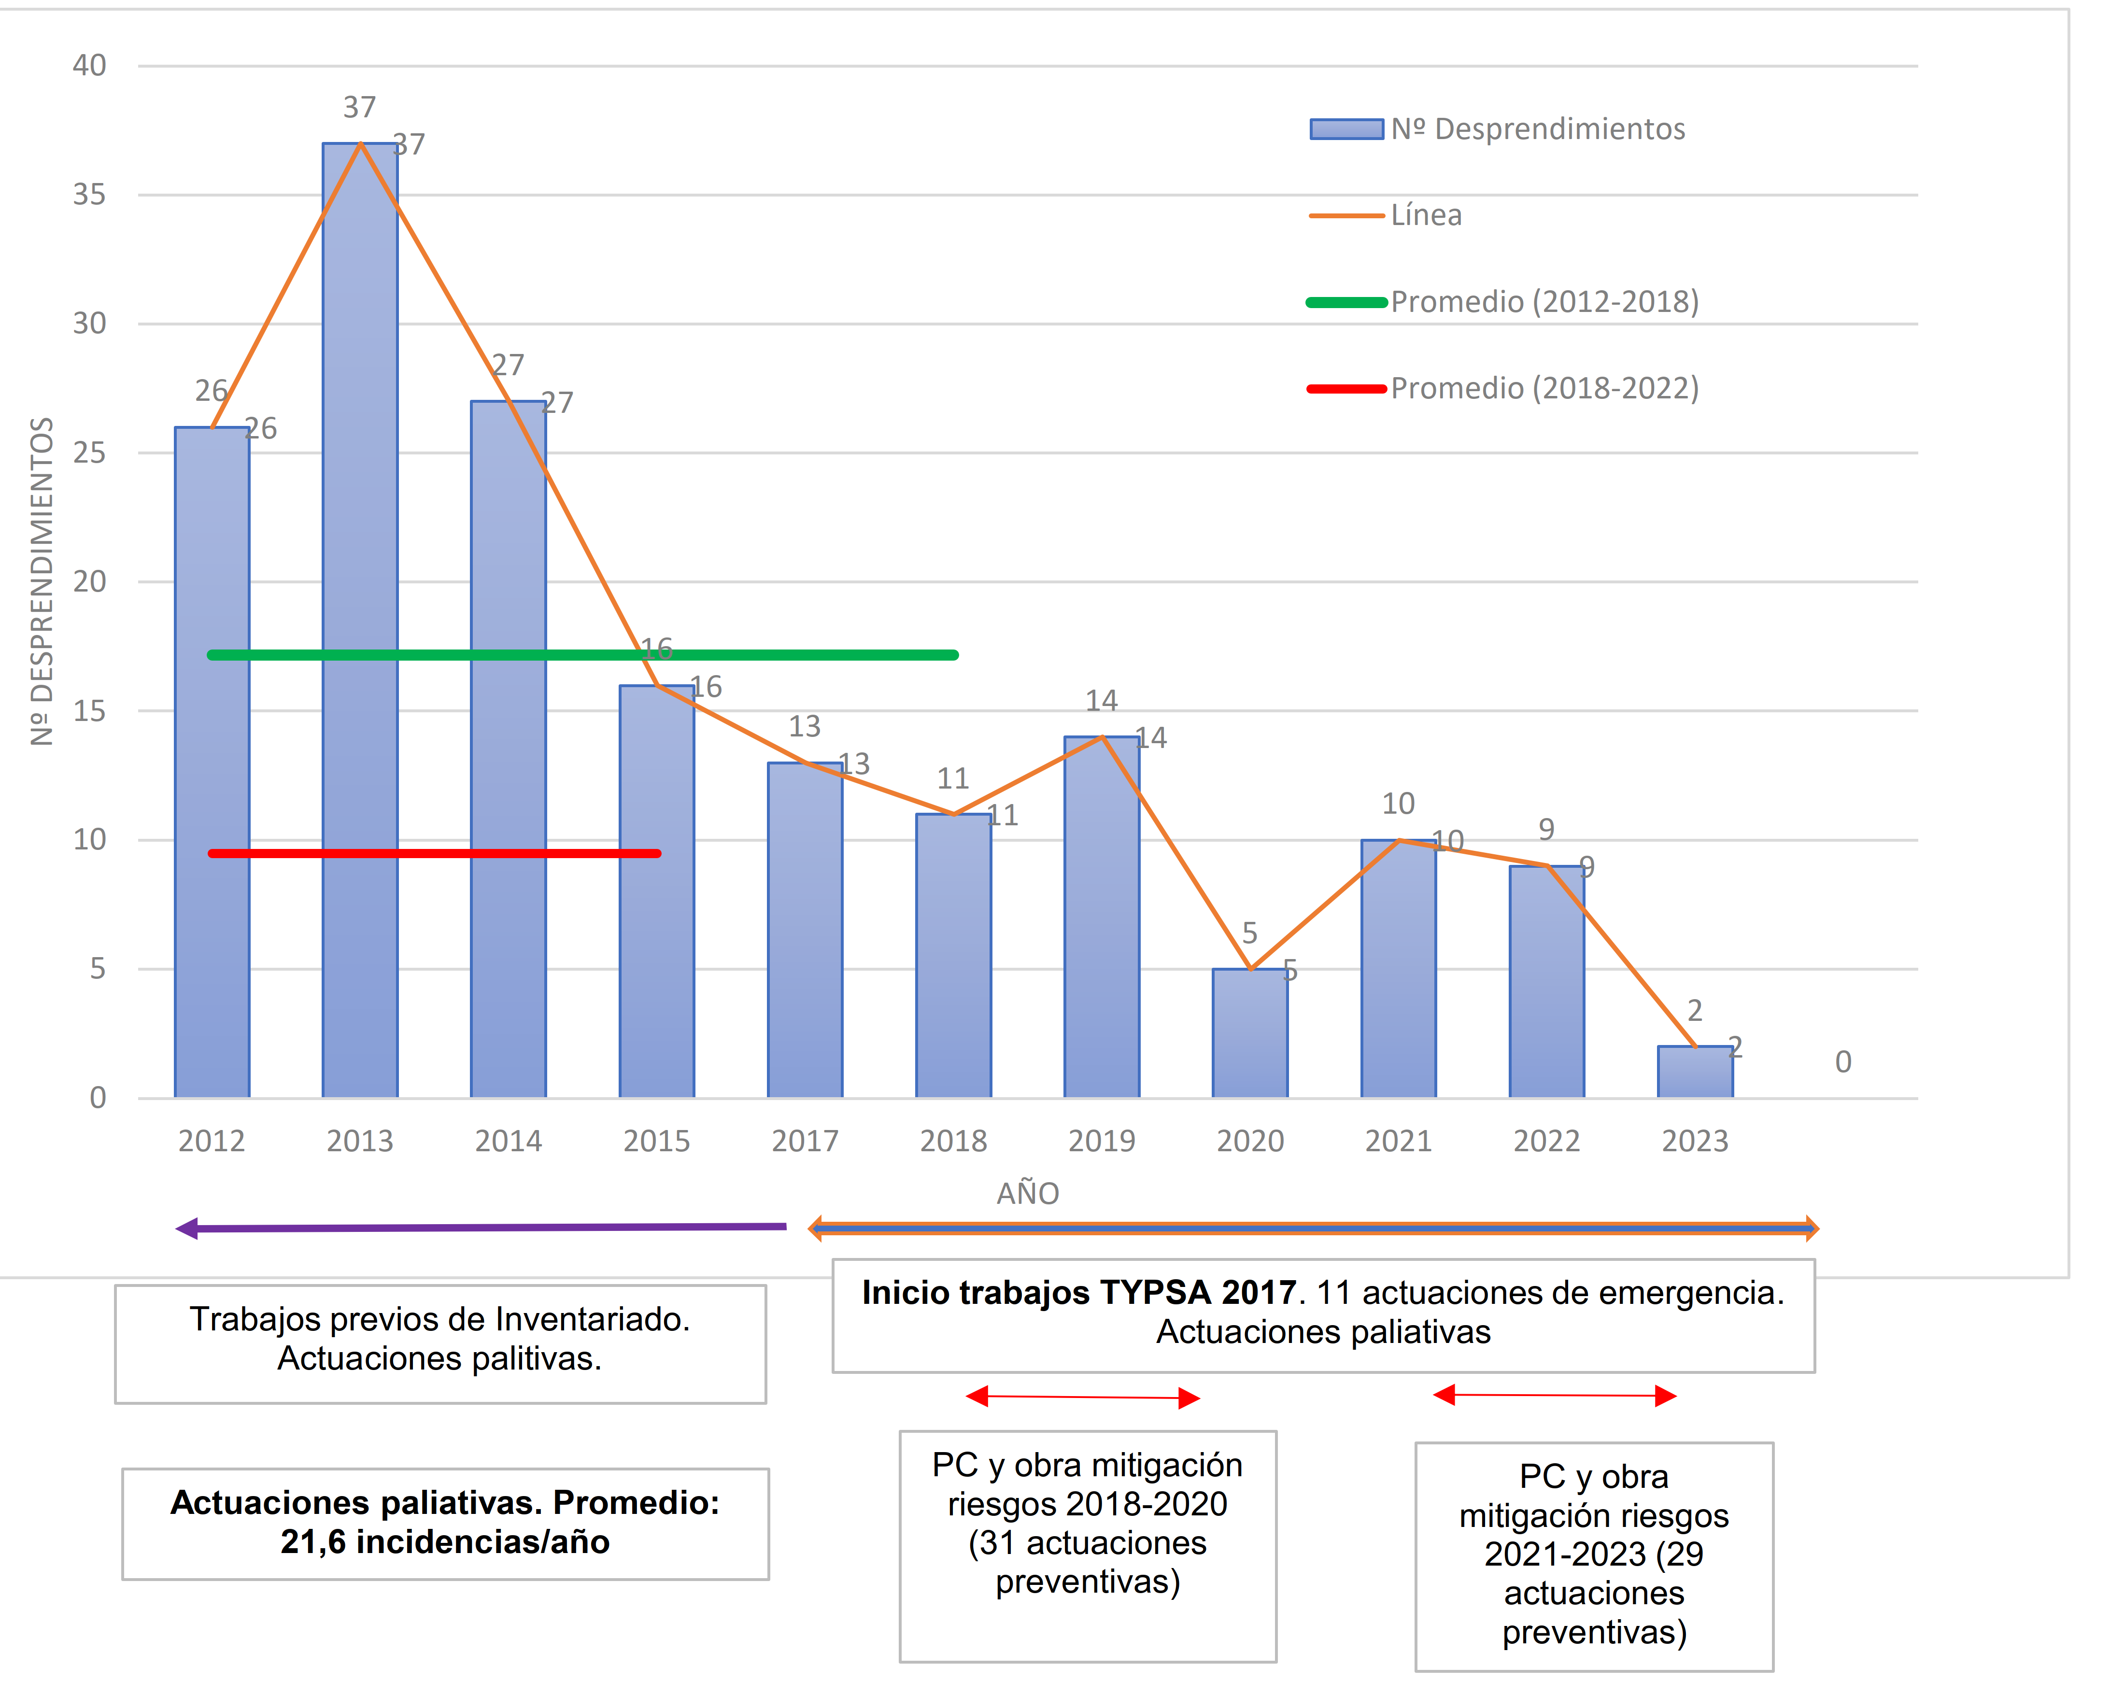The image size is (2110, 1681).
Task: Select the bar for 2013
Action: (x=360, y=626)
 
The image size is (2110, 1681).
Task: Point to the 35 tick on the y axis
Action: (x=89, y=195)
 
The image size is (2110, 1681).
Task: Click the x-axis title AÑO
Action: (x=1028, y=1194)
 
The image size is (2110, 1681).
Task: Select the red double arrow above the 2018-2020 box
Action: (x=1082, y=1397)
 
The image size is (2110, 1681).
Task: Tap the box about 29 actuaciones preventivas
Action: (x=1593, y=1556)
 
